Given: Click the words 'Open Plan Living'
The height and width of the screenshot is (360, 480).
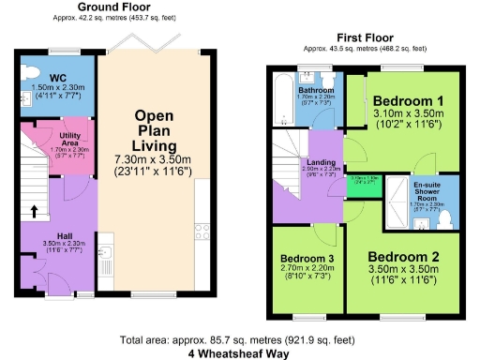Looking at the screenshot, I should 155,131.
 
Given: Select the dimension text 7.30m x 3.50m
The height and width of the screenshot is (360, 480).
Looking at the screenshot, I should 155,160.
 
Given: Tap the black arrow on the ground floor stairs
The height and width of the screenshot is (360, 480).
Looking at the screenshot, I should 34,211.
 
